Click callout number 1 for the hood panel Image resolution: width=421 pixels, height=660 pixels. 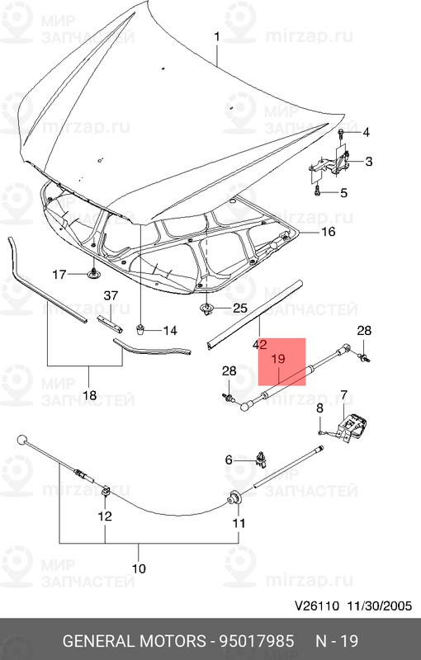click(217, 37)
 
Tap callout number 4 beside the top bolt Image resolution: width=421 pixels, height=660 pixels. click(366, 133)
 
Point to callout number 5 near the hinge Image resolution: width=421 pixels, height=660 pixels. click(343, 193)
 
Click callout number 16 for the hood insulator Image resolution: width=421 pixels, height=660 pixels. click(329, 232)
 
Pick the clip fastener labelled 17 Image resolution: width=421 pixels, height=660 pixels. click(93, 274)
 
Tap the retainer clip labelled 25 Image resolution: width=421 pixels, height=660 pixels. click(206, 309)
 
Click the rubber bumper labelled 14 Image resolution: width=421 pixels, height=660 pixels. click(141, 328)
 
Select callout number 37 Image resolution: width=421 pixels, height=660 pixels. click(111, 295)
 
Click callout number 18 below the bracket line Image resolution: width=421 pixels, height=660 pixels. click(90, 395)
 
